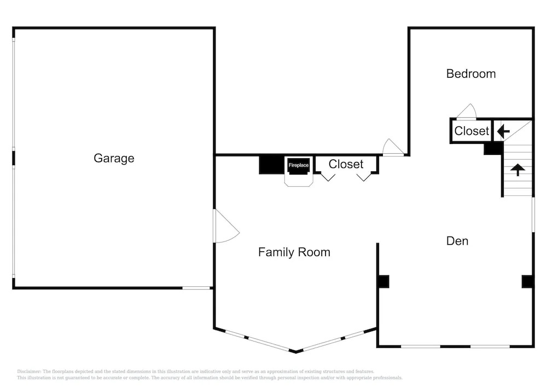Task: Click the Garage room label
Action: point(114,158)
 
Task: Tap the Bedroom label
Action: point(471,74)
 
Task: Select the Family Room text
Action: point(294,252)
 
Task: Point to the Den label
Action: point(457,241)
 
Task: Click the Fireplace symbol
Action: point(299,165)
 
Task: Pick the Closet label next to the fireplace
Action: point(346,164)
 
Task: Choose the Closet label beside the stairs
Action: point(472,131)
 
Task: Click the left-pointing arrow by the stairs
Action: point(503,132)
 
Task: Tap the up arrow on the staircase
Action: point(517,170)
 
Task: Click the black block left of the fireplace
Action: point(271,165)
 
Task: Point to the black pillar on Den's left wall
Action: point(383,281)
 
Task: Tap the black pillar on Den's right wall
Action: point(527,281)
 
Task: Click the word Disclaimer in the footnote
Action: point(29,372)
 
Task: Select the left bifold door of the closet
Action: point(328,177)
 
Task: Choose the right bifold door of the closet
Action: point(364,177)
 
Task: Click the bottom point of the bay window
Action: point(295,352)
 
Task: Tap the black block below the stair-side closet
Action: point(493,148)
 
